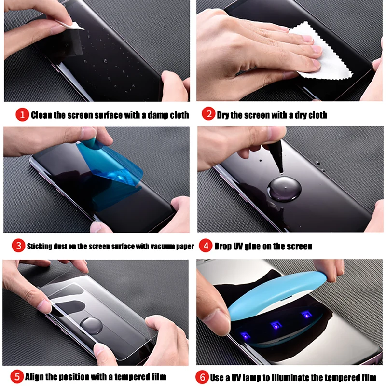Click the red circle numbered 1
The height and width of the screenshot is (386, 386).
click(22, 115)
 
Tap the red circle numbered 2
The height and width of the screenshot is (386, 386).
click(208, 115)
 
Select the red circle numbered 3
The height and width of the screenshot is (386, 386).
click(18, 246)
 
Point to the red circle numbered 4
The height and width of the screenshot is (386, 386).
click(206, 246)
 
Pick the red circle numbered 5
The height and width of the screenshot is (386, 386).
click(16, 376)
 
